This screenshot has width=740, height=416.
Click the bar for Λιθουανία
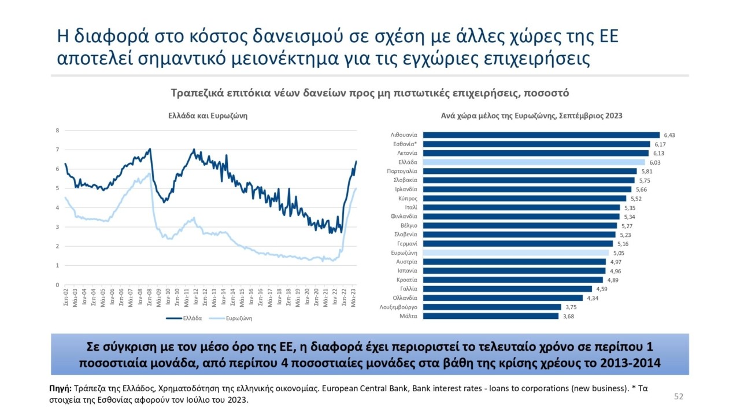coord(541,135)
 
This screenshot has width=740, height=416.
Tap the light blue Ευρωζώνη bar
coord(516,252)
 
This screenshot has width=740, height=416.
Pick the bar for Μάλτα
coord(490,316)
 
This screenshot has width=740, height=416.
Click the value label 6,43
coord(669,135)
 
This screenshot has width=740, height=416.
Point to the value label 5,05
coord(619,253)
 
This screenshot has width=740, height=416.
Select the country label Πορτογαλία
coord(402,172)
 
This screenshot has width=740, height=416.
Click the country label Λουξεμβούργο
coord(398,307)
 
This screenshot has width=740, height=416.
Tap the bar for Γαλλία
coord(507,289)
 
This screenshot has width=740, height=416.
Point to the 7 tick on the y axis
coord(57,150)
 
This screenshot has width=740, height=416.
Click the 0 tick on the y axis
coord(57,285)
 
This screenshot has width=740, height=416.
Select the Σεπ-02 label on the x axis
coord(65,299)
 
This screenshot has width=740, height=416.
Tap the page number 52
coord(679,396)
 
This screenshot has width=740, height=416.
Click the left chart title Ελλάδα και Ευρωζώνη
coord(208,116)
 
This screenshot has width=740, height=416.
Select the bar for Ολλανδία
coord(502,298)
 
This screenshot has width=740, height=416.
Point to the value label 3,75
coord(571,307)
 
